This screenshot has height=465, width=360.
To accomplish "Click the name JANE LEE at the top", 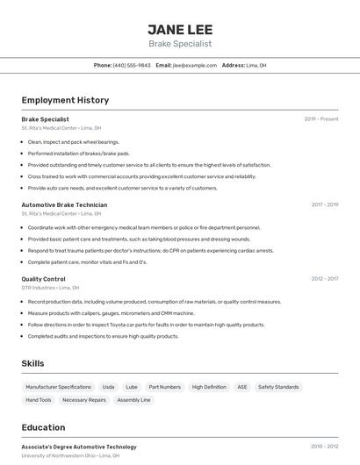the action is click(179, 29).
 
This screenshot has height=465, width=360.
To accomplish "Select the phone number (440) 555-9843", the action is click(132, 65).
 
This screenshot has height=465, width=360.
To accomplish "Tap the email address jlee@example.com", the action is click(195, 65).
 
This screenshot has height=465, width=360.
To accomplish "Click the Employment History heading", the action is click(65, 101).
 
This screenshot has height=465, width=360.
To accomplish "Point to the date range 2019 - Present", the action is click(320, 118).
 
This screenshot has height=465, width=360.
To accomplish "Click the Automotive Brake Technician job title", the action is click(64, 204).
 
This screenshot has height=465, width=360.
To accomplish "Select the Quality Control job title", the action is click(43, 279).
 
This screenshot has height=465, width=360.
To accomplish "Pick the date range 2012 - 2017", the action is click(324, 279).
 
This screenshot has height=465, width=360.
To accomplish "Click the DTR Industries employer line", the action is click(50, 288).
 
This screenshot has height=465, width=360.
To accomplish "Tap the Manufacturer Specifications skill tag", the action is click(58, 387).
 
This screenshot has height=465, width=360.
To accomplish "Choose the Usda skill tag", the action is click(108, 387).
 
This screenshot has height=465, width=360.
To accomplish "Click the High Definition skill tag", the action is click(209, 387).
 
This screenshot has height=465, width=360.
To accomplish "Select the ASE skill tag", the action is click(242, 387).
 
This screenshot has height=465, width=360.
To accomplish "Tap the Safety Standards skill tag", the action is click(278, 387).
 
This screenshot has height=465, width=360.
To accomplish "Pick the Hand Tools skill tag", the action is click(39, 400).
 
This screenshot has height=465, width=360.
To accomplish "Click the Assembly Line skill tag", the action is click(133, 400).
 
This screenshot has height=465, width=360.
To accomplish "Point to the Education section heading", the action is click(43, 428).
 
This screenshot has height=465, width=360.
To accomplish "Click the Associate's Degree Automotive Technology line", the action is click(79, 447).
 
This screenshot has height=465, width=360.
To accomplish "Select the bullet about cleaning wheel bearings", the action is click(73, 142).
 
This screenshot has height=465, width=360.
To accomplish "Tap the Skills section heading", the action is click(32, 363).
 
